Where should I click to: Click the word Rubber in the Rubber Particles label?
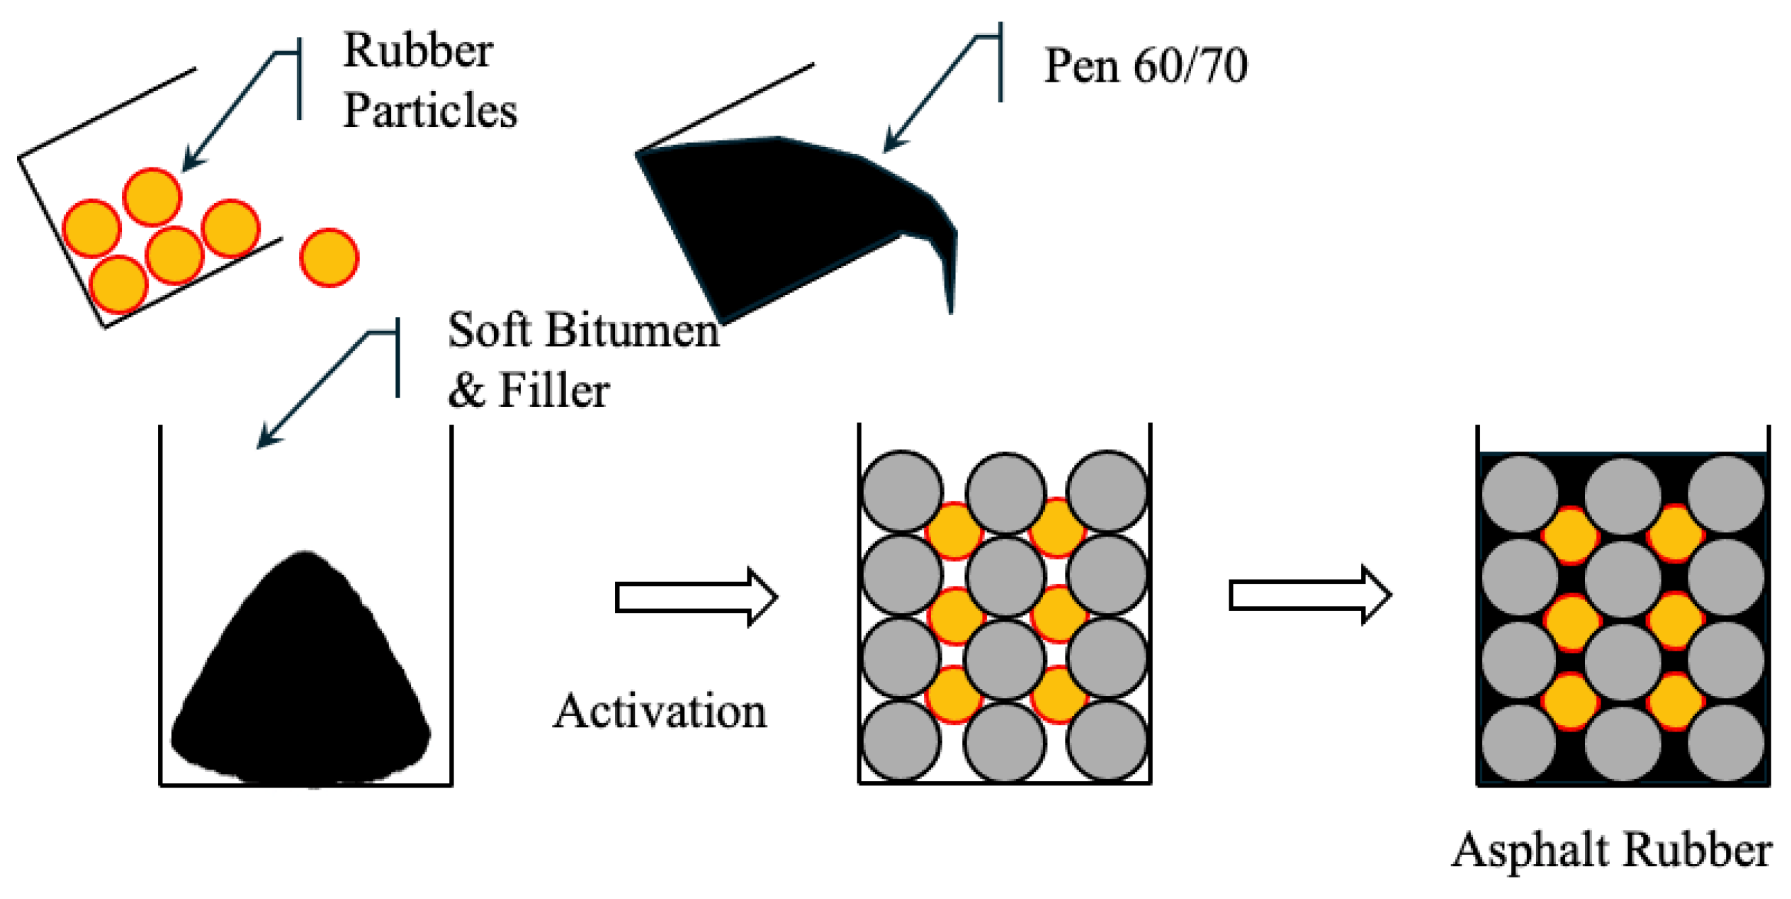418,51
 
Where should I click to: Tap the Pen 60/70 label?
1145,67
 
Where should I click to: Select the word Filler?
554,391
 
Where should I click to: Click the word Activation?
659,712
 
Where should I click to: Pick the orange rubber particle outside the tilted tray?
329,257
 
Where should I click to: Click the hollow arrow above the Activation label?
696,597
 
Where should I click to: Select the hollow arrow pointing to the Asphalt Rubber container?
1310,595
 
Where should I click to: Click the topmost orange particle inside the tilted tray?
153,197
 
